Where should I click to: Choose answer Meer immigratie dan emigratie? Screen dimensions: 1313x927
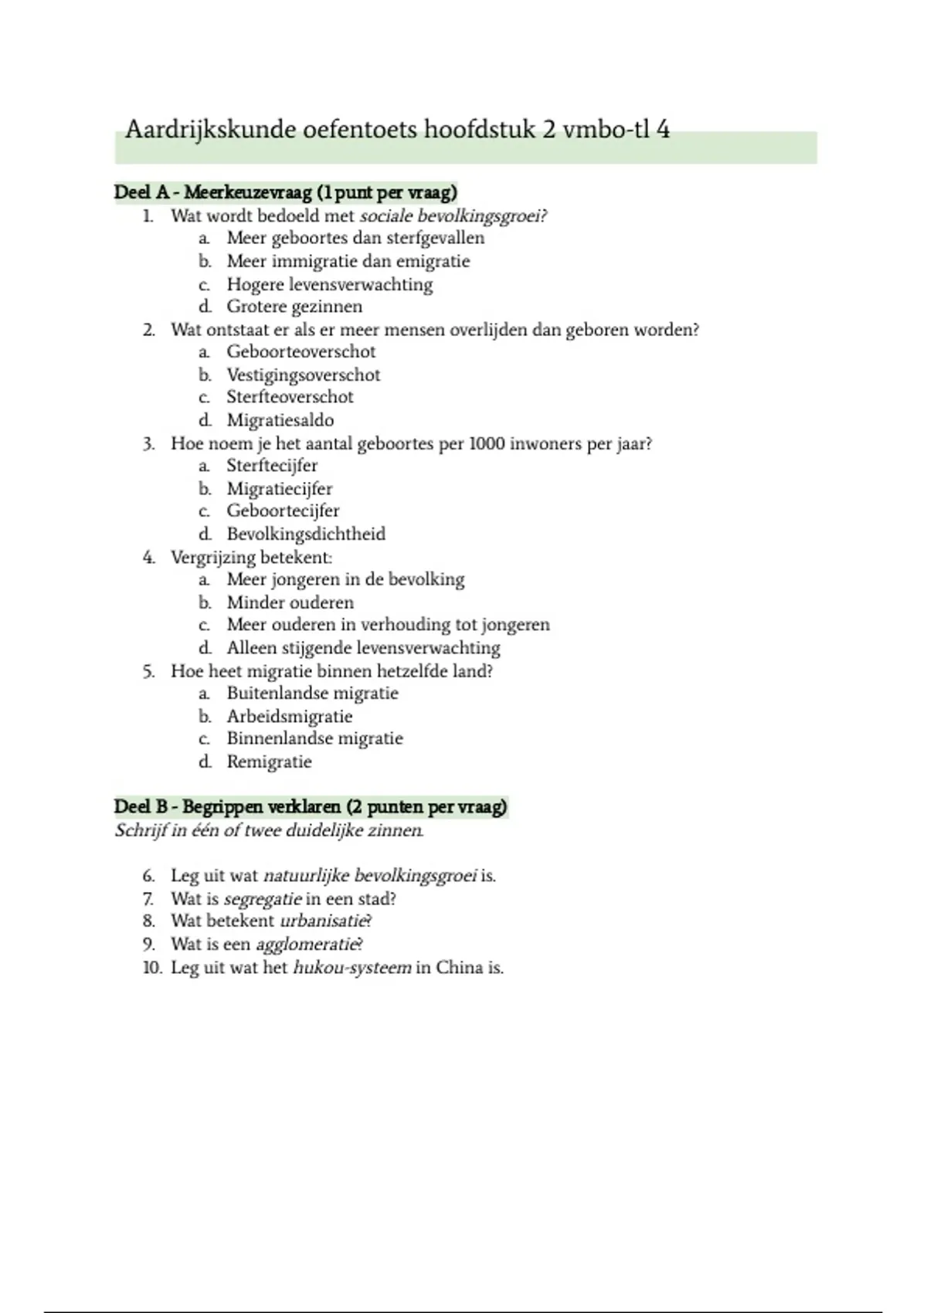click(x=348, y=261)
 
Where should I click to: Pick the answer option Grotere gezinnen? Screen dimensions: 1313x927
click(x=294, y=307)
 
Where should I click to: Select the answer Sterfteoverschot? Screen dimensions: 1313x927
click(x=290, y=397)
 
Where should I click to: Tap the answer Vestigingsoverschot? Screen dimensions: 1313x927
click(x=303, y=375)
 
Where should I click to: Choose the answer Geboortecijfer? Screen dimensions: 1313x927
click(x=283, y=511)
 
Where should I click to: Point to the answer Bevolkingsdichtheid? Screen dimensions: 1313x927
click(x=306, y=534)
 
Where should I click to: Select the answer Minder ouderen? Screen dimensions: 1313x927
click(x=290, y=602)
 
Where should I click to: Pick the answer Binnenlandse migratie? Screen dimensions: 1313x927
click(x=314, y=738)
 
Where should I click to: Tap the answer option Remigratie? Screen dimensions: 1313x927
click(x=269, y=762)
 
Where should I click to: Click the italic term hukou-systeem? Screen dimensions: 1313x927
click(x=351, y=967)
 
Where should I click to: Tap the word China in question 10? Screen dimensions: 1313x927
click(x=459, y=967)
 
